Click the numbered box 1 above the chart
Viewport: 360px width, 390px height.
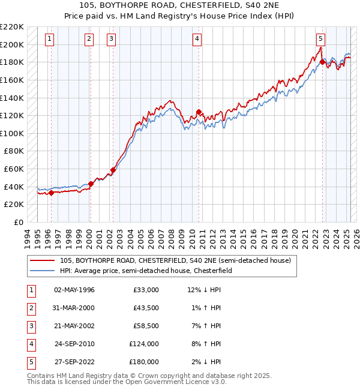click(49, 40)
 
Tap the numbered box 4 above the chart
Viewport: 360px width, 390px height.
click(197, 40)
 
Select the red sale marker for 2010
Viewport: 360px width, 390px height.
click(199, 112)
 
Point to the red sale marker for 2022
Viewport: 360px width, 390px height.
click(322, 62)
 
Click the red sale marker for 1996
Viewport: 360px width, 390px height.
click(51, 193)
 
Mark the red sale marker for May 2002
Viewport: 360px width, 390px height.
click(113, 170)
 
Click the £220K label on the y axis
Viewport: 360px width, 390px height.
click(12, 27)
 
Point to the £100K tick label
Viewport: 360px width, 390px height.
click(12, 133)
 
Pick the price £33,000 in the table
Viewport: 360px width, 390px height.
click(146, 290)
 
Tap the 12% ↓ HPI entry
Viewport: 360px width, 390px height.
click(205, 290)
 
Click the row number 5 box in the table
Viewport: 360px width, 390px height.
click(31, 362)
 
